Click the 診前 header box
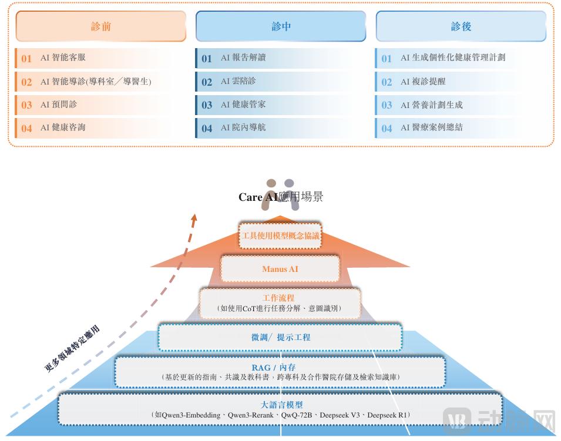point(101,26)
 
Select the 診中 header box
point(281,26)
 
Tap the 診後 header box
point(461,26)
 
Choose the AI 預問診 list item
point(59,105)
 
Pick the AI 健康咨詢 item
point(63,127)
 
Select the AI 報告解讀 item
point(243,58)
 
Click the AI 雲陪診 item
point(238,81)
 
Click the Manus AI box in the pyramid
point(280,269)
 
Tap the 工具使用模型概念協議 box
point(281,236)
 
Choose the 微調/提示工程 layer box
point(280,338)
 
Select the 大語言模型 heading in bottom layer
point(281,405)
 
